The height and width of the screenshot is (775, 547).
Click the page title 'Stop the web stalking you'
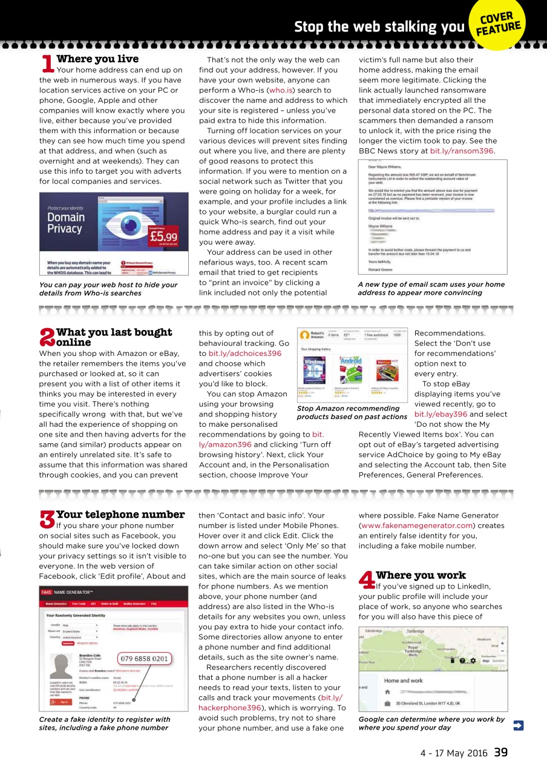point(378,27)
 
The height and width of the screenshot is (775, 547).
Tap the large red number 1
point(47,63)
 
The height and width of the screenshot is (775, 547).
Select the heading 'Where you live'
point(97,59)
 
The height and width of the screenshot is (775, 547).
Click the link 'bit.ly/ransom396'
point(462,151)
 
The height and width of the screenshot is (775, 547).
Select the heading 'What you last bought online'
point(114,337)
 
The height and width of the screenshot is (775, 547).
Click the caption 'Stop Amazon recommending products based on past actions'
point(352,412)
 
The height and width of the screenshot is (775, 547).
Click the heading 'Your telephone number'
point(120,515)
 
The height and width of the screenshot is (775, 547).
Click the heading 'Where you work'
point(421,575)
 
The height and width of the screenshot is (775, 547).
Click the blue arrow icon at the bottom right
point(518,725)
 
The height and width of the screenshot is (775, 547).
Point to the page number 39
point(500,753)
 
